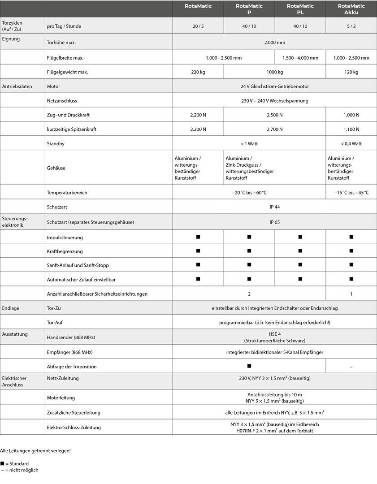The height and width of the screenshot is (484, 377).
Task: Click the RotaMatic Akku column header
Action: point(351,9)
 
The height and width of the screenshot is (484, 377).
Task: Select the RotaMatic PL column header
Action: point(300,9)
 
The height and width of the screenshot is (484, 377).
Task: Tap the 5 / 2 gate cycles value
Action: point(351,26)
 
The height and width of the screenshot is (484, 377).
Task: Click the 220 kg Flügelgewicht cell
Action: point(198,72)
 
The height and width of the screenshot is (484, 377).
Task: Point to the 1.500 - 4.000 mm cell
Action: point(300,58)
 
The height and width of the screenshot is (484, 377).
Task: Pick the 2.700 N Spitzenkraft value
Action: point(275,130)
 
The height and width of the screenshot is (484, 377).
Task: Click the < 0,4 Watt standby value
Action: point(351,144)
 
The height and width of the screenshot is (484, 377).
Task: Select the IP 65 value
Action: point(275,222)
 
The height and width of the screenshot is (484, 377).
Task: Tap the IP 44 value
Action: point(275,207)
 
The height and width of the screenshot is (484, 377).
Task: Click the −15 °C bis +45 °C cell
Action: point(351,193)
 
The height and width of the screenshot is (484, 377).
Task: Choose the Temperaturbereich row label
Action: point(67,193)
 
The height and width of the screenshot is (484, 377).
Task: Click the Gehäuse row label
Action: point(56,168)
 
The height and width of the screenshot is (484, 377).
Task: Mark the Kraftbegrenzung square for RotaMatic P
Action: point(249,251)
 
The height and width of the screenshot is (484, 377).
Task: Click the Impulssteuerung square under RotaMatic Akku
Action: point(351,236)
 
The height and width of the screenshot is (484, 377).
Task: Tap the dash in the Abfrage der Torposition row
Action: point(351,367)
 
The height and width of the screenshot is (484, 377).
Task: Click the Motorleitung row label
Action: point(61,398)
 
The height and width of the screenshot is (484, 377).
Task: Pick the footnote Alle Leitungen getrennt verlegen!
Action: point(35,450)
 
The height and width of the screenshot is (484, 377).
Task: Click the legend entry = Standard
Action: point(16,463)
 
